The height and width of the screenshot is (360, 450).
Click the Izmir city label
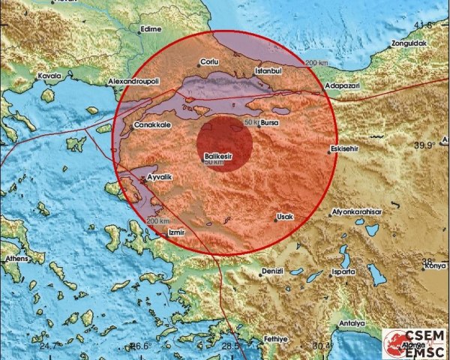[x=175, y=232]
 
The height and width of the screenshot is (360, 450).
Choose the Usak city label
[x=286, y=216]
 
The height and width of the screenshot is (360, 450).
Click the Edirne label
[x=151, y=30]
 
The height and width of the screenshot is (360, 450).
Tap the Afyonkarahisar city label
[x=356, y=213]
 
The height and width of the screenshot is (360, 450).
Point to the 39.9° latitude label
[x=424, y=145]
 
